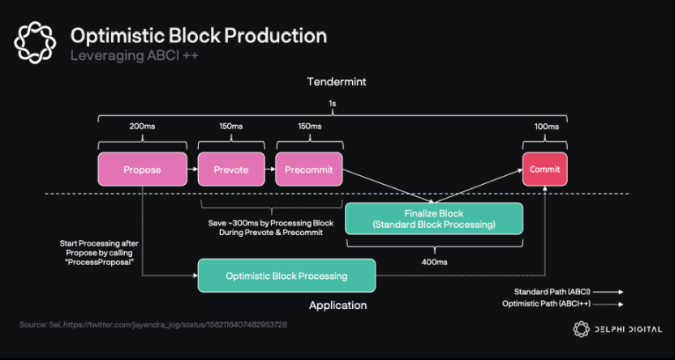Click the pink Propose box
(x=142, y=170)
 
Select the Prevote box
(x=230, y=170)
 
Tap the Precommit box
(x=308, y=170)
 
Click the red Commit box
(x=544, y=170)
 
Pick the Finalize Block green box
(x=433, y=218)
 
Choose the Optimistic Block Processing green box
(x=286, y=276)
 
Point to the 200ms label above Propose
(x=142, y=126)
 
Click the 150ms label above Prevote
(x=230, y=126)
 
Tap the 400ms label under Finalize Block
(x=433, y=262)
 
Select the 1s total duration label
(x=333, y=105)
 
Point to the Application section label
(x=337, y=306)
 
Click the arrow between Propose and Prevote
(x=191, y=170)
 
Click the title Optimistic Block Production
(x=199, y=36)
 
